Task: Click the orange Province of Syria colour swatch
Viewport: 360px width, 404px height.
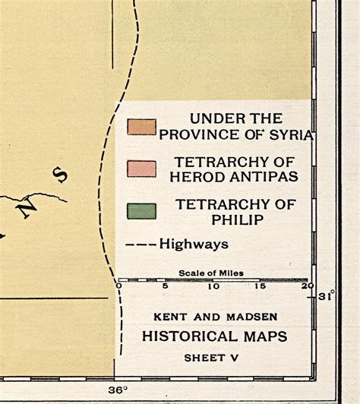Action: pos(141,126)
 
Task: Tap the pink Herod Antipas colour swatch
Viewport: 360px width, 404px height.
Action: pos(141,169)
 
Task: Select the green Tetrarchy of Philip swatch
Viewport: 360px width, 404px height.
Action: pos(141,210)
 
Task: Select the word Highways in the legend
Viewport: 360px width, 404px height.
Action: pos(194,245)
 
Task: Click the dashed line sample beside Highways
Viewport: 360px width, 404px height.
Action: pos(140,245)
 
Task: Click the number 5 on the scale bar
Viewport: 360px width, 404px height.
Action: pos(166,287)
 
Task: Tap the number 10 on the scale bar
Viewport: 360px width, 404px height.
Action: pos(213,287)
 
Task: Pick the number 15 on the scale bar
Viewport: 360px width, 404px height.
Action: pos(261,287)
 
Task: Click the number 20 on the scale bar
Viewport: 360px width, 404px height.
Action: pos(306,287)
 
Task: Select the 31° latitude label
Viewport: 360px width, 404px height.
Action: pos(327,296)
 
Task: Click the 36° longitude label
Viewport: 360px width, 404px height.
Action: pos(116,390)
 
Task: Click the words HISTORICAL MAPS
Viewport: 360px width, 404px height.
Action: pos(216,336)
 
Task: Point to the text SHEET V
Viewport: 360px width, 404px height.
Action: pos(216,357)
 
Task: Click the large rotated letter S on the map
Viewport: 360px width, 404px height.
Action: pos(59,175)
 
